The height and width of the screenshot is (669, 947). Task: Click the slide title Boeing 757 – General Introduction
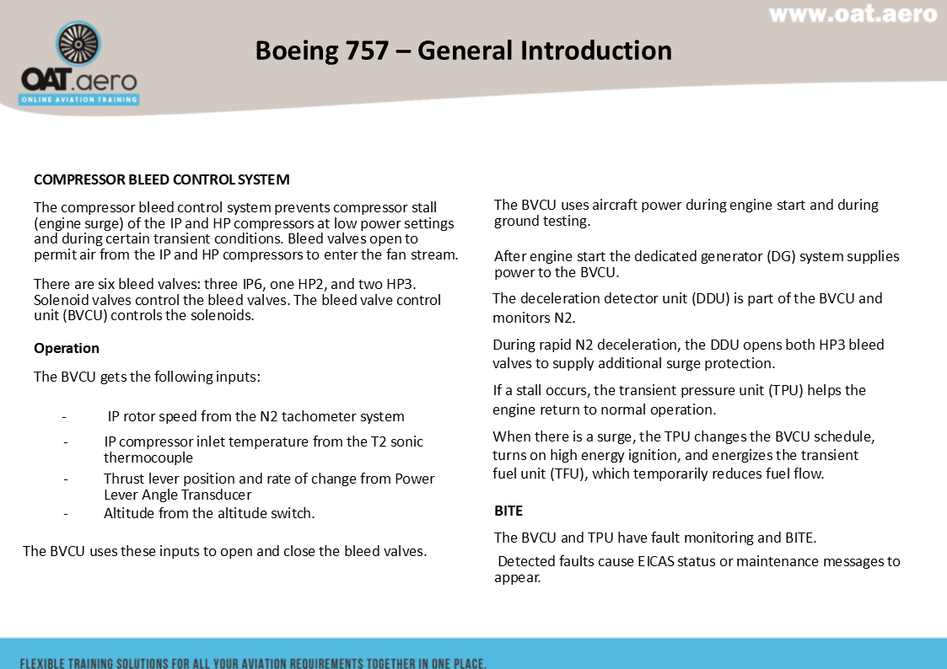pos(463,51)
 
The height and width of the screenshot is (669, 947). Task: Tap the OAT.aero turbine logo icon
pos(78,44)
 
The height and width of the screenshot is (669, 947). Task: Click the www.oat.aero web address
pos(853,14)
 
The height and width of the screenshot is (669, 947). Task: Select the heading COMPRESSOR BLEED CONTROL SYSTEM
pos(161,179)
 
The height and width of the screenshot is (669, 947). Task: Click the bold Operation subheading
pos(67,348)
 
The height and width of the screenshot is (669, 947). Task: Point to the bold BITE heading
pos(508,511)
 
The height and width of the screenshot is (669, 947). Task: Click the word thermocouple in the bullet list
pos(148,458)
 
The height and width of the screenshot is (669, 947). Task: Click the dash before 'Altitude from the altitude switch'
pos(65,513)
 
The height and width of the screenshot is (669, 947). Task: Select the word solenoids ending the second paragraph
pos(223,316)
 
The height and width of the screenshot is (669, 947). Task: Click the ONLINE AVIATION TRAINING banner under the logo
pos(79,99)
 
